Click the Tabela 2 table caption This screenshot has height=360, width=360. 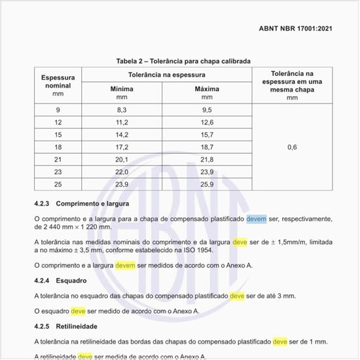(x=183, y=61)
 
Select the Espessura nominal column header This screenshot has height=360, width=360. (x=58, y=82)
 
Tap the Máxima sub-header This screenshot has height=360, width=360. (x=207, y=90)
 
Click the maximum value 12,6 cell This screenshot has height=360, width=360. (x=207, y=122)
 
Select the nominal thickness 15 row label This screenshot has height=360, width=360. (x=58, y=135)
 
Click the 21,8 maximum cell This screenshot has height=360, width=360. (x=207, y=160)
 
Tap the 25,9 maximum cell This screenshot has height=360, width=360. (x=207, y=185)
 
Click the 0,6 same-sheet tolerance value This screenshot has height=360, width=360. (x=292, y=147)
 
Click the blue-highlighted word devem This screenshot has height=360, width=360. (x=257, y=218)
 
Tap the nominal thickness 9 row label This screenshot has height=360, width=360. (x=58, y=110)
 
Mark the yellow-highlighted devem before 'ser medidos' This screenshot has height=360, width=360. (x=126, y=266)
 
